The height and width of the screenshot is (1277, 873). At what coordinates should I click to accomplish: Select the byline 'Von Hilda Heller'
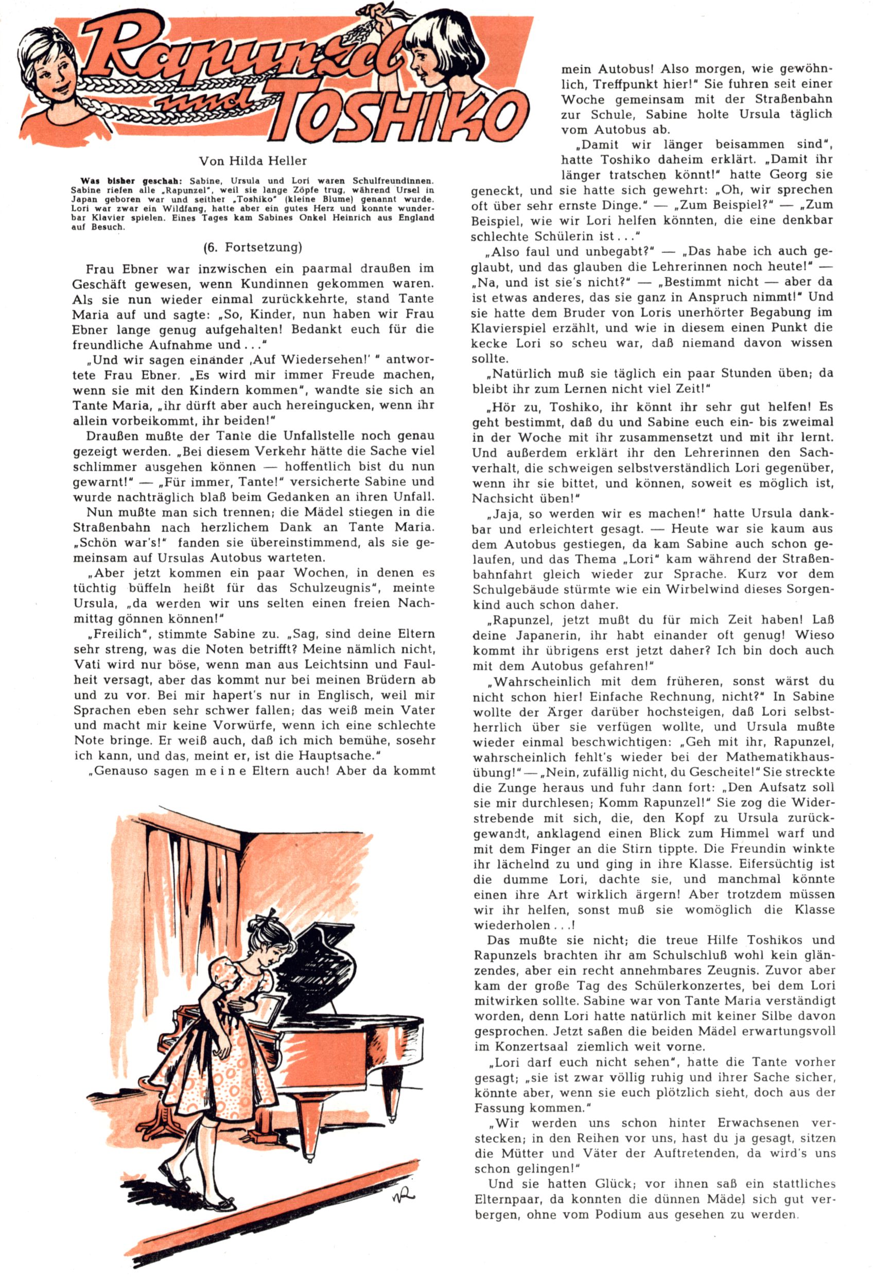point(253,161)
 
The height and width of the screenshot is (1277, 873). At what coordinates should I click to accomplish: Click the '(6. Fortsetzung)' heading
point(253,247)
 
